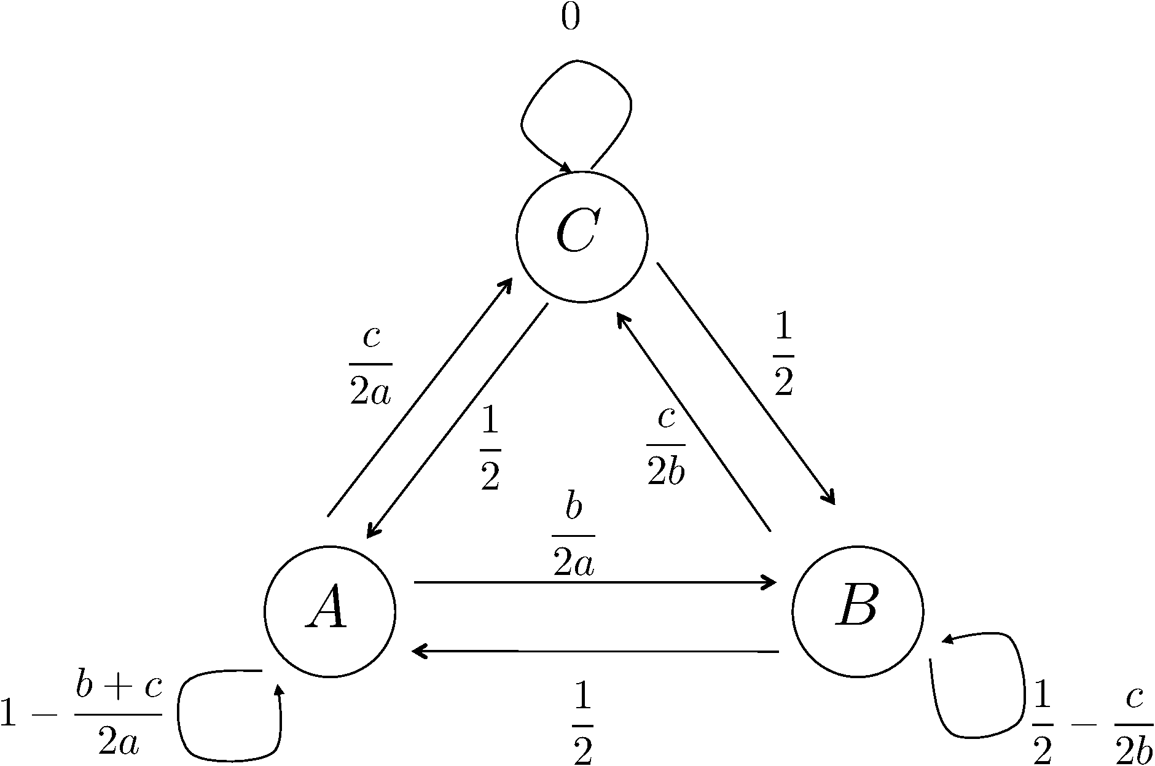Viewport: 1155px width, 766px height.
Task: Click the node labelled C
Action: (x=582, y=236)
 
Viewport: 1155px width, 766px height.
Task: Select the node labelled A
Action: (x=330, y=611)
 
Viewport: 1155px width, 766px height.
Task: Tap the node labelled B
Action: (x=858, y=611)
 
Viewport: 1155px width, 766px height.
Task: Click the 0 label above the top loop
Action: (x=570, y=19)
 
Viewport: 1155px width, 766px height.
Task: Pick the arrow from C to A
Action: (x=458, y=421)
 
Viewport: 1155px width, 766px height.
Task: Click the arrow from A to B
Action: (x=595, y=582)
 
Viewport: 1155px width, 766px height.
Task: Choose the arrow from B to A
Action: (x=595, y=651)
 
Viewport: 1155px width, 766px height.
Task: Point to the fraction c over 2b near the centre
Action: (x=665, y=445)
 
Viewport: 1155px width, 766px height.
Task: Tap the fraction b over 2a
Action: (x=573, y=536)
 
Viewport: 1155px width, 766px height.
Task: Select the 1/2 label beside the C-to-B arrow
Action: (x=783, y=357)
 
